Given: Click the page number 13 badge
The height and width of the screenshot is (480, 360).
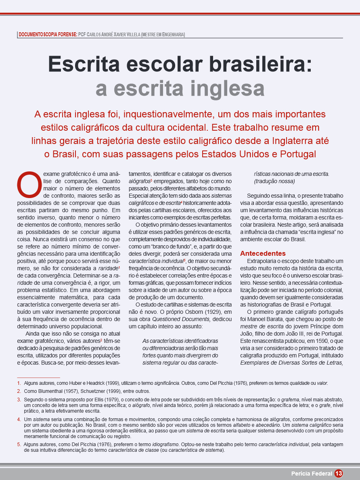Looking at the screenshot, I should point(339,473).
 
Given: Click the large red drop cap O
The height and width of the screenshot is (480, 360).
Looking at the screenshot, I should point(29,184).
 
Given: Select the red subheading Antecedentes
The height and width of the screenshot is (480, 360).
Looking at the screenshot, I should point(263,253).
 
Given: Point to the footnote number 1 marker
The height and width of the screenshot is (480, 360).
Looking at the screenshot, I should point(19,383).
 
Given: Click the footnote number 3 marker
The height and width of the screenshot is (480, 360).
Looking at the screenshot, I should point(19,400).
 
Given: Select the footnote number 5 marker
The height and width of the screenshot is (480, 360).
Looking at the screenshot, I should point(19,445).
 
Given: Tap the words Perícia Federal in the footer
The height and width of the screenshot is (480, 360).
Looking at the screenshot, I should point(312,473).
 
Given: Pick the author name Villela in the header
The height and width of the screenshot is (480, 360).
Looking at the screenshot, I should point(131,35).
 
